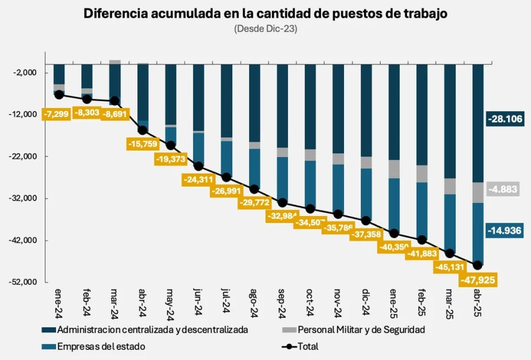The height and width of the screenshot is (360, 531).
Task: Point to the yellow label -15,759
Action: coord(143,143)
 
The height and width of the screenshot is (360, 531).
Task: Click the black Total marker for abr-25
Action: coord(477,265)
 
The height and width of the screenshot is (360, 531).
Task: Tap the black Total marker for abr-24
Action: coord(143,130)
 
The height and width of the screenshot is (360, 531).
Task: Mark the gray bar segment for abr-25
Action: coord(477,192)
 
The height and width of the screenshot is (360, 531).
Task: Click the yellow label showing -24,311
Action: coord(199,178)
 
